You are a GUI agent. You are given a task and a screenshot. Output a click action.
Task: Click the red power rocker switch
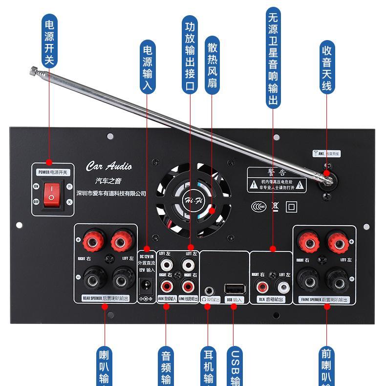tap(50, 193)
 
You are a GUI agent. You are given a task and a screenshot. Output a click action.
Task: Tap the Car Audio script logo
tap(109, 166)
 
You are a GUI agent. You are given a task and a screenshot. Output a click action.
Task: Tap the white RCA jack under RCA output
tap(282, 286)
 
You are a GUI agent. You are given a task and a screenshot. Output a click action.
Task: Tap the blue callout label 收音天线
tap(327, 68)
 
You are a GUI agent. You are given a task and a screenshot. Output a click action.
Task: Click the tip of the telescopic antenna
tap(33, 71)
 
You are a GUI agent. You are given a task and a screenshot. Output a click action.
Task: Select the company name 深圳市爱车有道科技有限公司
tap(112, 193)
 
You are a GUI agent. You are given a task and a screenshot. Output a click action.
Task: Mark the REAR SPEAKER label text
tap(91, 298)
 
